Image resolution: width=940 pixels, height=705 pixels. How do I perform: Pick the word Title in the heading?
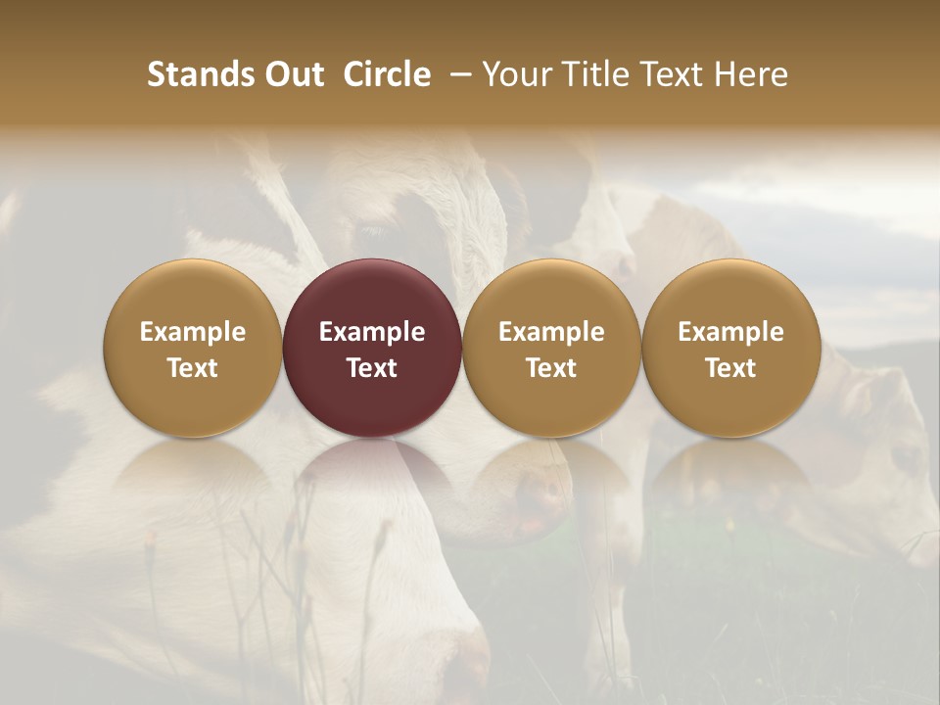(x=597, y=75)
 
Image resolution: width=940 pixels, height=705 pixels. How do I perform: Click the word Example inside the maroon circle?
(x=372, y=332)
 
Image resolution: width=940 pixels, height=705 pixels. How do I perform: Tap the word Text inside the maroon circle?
(x=372, y=368)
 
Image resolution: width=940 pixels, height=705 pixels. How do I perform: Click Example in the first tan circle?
(x=193, y=332)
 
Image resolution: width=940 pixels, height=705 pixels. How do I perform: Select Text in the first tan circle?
(x=193, y=368)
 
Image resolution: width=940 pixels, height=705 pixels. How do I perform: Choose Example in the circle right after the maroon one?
(x=551, y=332)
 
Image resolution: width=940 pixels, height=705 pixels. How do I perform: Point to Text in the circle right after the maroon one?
(x=551, y=368)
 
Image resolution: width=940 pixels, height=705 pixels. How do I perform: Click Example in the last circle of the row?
(x=730, y=332)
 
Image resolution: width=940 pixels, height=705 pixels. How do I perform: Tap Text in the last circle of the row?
(x=730, y=368)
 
